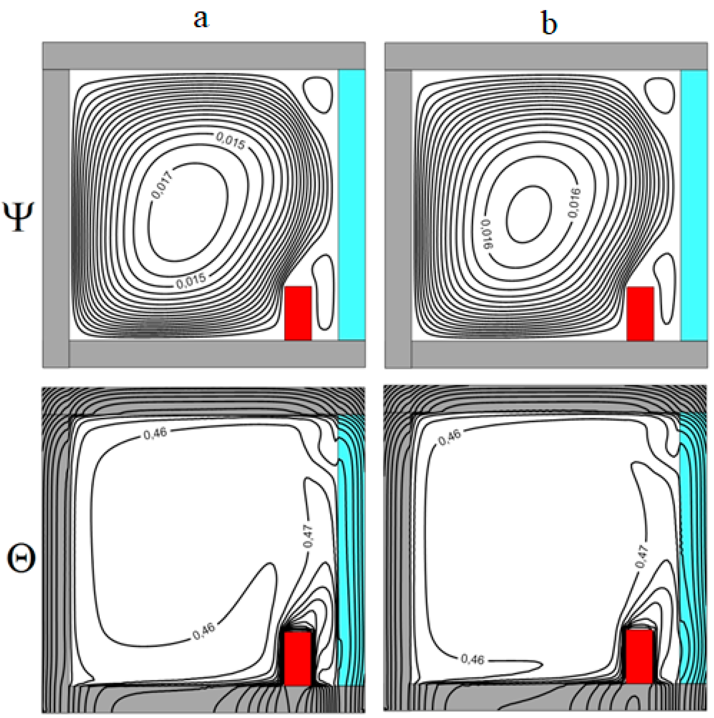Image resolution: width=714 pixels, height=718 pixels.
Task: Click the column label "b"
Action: point(549,23)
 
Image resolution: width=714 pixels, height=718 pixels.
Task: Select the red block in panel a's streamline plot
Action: point(298,313)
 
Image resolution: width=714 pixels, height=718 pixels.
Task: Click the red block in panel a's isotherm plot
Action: point(298,658)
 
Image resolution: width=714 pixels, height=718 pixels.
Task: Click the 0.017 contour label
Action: point(162,185)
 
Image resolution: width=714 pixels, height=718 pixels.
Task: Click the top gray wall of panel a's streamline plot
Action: point(204,56)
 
